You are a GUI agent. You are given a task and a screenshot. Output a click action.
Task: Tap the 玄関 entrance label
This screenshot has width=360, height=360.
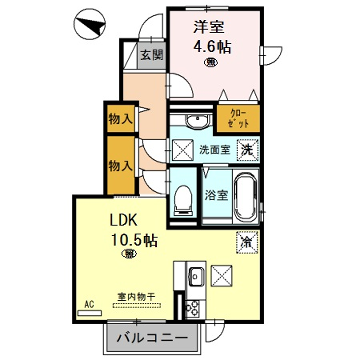pos(150,56)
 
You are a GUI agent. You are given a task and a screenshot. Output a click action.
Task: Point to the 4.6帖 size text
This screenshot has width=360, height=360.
pos(211,46)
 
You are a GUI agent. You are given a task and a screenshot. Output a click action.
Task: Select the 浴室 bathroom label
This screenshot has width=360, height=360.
pos(216,195)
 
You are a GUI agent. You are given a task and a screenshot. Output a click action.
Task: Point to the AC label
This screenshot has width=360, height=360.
pos(88,303)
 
